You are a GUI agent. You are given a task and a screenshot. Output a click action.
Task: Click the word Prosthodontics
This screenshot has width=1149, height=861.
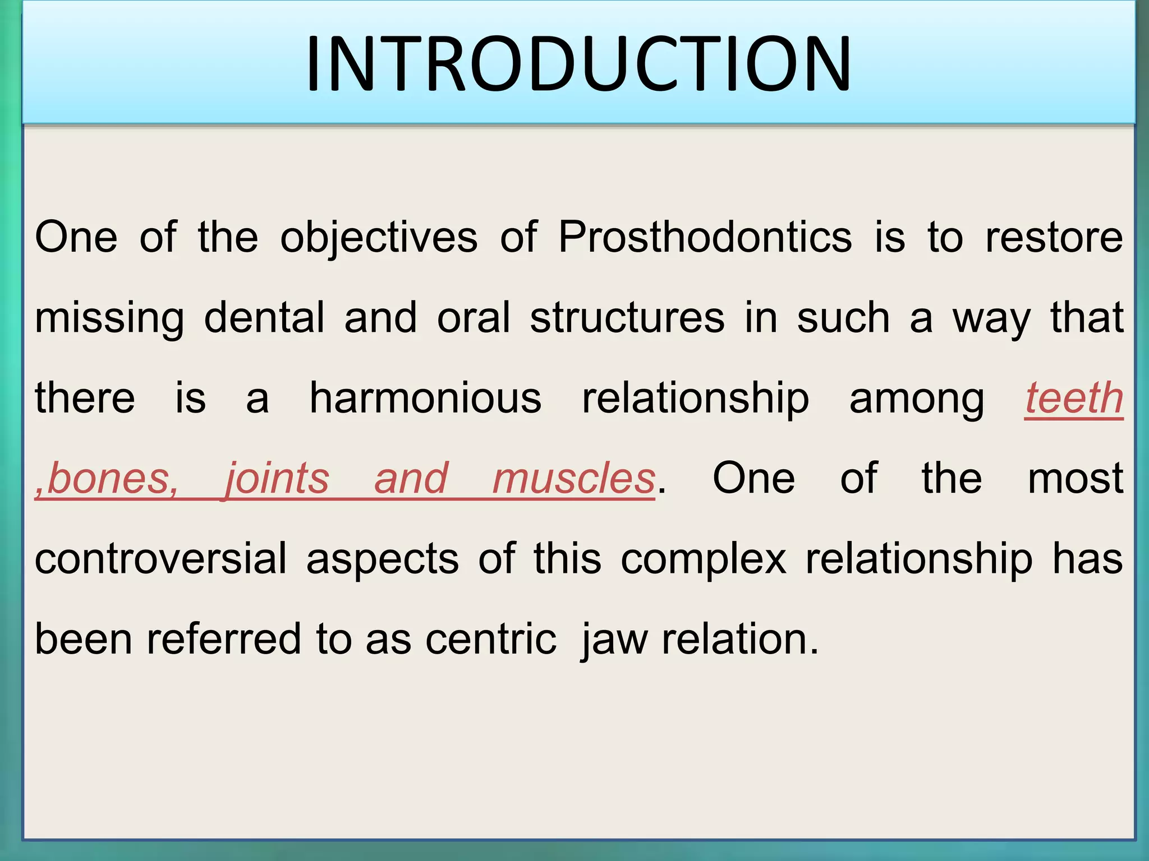(705, 237)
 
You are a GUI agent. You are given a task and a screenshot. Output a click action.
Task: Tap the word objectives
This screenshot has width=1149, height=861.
(379, 237)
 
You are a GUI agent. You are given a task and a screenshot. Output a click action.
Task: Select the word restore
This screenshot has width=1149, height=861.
(1054, 237)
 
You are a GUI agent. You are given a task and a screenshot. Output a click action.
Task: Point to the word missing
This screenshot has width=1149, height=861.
(109, 318)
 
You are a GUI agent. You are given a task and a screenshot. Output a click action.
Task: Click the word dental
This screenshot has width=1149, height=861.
(264, 318)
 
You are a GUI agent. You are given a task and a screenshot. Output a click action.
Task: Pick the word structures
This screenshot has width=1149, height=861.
(627, 318)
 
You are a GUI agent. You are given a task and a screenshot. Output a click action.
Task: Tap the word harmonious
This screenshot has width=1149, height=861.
(425, 398)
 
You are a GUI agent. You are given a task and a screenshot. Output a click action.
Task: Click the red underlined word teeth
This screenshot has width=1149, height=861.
(1074, 398)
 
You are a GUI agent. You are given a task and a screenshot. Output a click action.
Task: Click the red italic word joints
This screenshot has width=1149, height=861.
(277, 478)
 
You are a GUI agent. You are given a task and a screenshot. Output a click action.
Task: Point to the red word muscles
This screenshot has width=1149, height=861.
(573, 478)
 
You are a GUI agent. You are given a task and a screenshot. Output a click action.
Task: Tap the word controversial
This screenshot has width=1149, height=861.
(160, 559)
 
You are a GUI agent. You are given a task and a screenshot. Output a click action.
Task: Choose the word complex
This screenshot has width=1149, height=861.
(704, 559)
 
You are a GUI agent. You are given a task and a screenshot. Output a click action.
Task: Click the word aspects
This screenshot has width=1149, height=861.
(383, 559)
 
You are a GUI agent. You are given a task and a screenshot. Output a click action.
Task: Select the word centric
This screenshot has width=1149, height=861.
(491, 639)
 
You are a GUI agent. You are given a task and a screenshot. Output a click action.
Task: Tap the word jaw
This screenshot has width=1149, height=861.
(614, 639)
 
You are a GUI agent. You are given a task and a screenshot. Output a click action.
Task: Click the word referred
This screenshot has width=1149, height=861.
(224, 639)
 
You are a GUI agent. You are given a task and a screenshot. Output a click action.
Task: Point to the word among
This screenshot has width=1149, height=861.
(916, 398)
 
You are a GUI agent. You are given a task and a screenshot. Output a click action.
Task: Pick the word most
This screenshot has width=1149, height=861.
(1075, 478)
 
